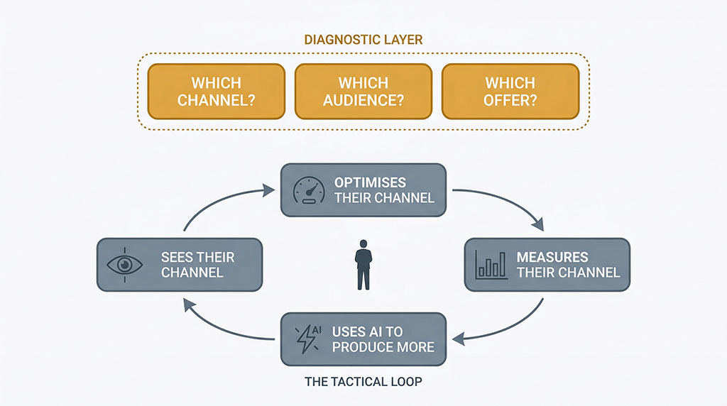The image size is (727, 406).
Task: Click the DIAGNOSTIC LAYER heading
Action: click(363, 39)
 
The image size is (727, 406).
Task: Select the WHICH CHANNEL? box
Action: click(216, 92)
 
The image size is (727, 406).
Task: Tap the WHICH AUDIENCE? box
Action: click(363, 92)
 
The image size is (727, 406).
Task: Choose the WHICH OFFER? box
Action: click(510, 92)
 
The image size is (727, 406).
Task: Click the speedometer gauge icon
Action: click(309, 190)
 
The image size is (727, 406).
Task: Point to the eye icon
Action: click(124, 264)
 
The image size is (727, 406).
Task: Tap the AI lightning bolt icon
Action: click(309, 339)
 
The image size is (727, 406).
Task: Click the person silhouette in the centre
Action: click(363, 265)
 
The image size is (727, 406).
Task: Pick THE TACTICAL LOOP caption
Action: click(363, 382)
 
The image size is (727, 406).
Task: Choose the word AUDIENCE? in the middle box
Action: click(363, 100)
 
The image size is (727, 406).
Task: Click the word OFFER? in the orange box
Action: click(510, 100)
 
